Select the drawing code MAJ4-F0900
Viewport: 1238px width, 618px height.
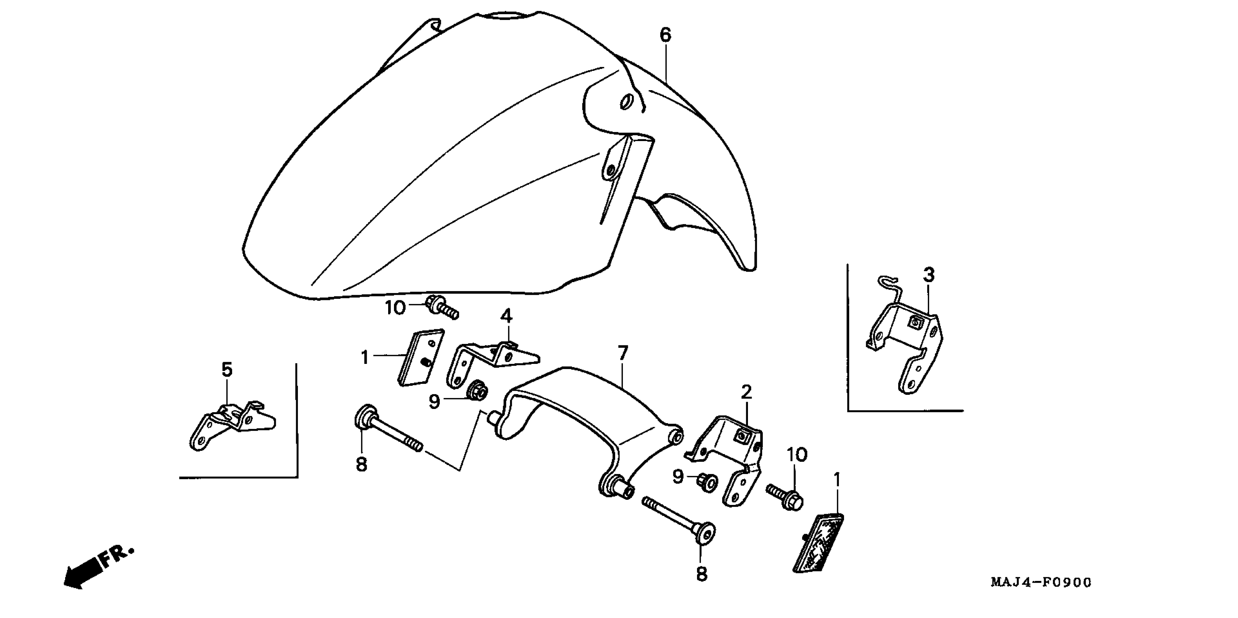tap(1040, 582)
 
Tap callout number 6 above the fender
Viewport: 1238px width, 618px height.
tap(665, 35)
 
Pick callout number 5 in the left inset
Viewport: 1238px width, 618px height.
tap(227, 370)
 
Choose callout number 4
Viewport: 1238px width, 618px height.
tap(506, 316)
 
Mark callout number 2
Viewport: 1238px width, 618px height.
tap(745, 393)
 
